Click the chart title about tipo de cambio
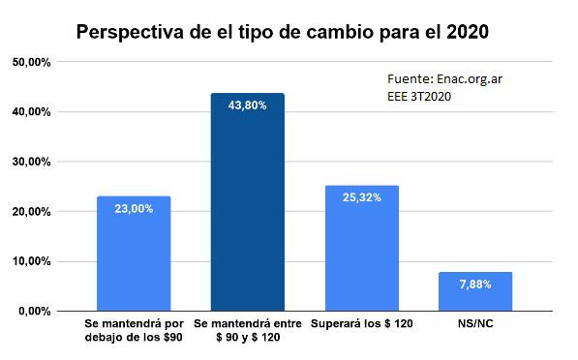pos(283,31)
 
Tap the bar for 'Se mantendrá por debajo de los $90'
pos(134,256)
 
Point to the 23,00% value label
pos(134,208)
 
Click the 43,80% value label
pos(248,105)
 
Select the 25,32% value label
pos(361,197)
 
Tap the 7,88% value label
pos(475,285)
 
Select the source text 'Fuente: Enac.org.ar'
pos(436,79)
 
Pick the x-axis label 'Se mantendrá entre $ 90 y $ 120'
pos(248,329)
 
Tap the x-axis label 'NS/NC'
pos(475,322)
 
